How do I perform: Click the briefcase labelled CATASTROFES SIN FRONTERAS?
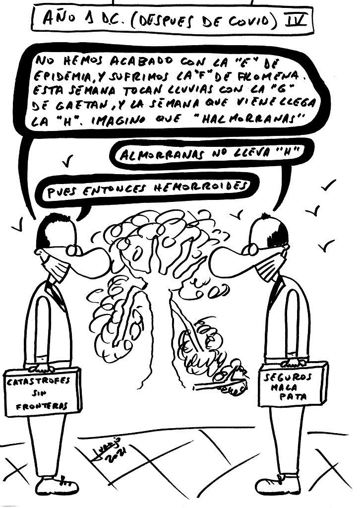point(42,392)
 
